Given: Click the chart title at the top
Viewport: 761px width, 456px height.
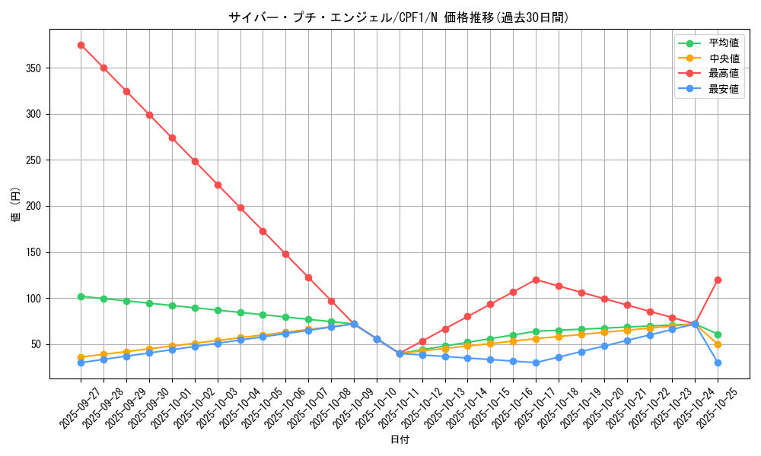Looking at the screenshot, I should pyautogui.click(x=399, y=17).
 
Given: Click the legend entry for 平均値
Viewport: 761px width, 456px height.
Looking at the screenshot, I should pyautogui.click(x=723, y=43).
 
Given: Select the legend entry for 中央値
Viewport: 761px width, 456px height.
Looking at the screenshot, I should pyautogui.click(x=723, y=59).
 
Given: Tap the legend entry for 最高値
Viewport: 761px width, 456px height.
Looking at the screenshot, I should pyautogui.click(x=723, y=74).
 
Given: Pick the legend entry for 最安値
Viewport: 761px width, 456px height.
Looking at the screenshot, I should pyautogui.click(x=723, y=89).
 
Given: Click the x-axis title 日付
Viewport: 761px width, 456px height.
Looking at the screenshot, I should pyautogui.click(x=399, y=440).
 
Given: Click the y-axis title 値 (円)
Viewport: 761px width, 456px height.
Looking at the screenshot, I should pyautogui.click(x=16, y=205).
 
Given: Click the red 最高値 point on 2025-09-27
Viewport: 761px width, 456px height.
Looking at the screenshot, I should pyautogui.click(x=81, y=45).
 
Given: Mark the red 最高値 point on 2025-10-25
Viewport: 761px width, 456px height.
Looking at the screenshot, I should pyautogui.click(x=718, y=280).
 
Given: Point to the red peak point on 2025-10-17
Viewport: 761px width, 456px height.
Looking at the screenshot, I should pyautogui.click(x=536, y=280).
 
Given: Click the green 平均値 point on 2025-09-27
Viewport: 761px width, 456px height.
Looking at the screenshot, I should pyautogui.click(x=81, y=296).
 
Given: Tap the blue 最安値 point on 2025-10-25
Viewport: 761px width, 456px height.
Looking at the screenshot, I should pyautogui.click(x=718, y=363).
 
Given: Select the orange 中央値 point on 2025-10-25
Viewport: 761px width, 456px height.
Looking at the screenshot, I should pyautogui.click(x=718, y=344).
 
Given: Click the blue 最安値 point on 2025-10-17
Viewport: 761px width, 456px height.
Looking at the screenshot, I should pyautogui.click(x=536, y=363).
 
